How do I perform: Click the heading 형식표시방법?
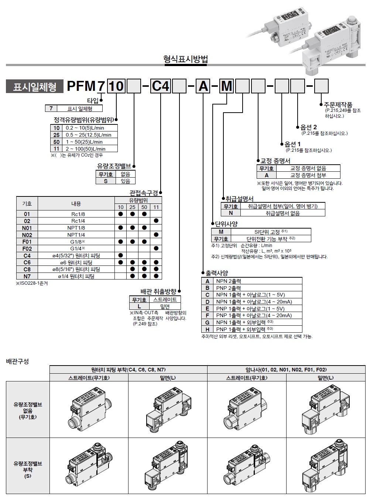tap(186, 59)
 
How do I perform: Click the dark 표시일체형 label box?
tap(35, 86)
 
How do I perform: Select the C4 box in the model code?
tap(161, 86)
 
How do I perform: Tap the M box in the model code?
tap(227, 86)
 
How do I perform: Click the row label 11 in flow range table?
tap(56, 149)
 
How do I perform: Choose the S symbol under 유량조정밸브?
tap(106, 181)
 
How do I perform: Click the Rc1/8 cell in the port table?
tap(76, 214)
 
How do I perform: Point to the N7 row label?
tap(27, 276)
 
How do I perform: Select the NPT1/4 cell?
tap(76, 235)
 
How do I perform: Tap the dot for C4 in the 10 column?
tap(120, 256)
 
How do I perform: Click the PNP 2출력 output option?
tap(229, 288)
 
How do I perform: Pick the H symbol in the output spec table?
tap(208, 329)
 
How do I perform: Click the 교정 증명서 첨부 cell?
tap(308, 175)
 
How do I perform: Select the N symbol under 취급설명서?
tap(231, 213)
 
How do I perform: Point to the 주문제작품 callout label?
tap(338, 104)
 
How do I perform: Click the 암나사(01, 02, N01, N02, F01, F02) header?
tap(286, 369)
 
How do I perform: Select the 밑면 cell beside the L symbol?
tap(165, 306)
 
